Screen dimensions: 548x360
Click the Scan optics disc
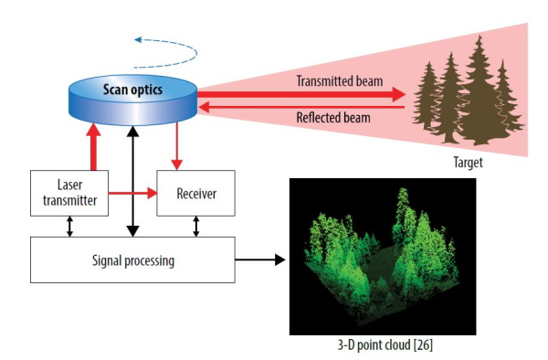pyautogui.click(x=132, y=100)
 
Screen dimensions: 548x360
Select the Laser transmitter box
pyautogui.click(x=69, y=193)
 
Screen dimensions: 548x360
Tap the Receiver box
pyautogui.click(x=195, y=193)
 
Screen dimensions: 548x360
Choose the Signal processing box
pyautogui.click(x=132, y=259)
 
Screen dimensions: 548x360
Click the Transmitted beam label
pyautogui.click(x=340, y=81)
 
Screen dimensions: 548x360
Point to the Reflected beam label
pyautogui.click(x=333, y=118)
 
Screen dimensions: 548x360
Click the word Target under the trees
pyautogui.click(x=468, y=163)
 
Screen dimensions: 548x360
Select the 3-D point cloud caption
pyautogui.click(x=385, y=345)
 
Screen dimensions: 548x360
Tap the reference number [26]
pyautogui.click(x=423, y=345)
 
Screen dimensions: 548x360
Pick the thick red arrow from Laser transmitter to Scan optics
pyautogui.click(x=93, y=147)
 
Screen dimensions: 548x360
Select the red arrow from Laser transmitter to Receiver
pyautogui.click(x=132, y=193)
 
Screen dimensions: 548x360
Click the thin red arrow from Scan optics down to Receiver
pyautogui.click(x=177, y=146)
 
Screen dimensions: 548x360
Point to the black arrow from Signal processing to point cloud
pyautogui.click(x=260, y=259)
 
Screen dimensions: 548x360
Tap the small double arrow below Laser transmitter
pyautogui.click(x=69, y=226)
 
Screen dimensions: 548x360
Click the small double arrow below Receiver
pyautogui.click(x=196, y=226)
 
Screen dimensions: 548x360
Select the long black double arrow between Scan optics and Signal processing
pyautogui.click(x=132, y=181)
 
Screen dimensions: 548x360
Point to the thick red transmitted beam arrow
pyautogui.click(x=301, y=94)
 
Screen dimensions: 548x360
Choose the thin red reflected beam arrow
pyautogui.click(x=301, y=107)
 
